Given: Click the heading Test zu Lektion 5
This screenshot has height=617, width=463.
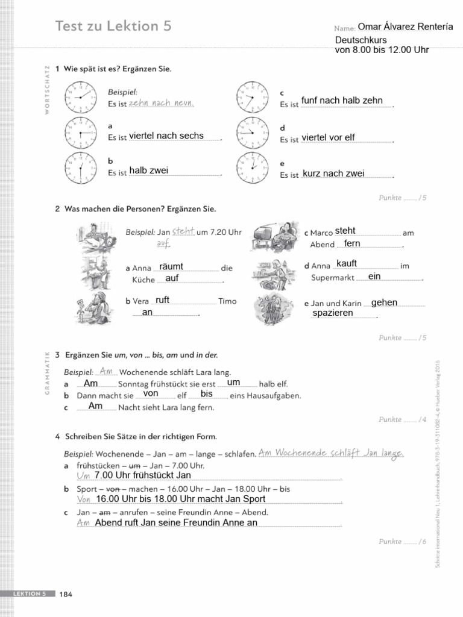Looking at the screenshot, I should tap(113, 26).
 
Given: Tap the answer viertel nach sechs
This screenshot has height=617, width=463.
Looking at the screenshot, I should tap(166, 136).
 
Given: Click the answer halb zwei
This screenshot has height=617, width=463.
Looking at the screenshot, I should tap(148, 171).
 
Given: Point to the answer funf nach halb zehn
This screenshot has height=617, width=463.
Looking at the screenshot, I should tap(342, 100).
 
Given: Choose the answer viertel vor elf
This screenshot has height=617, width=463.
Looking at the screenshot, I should tap(328, 137).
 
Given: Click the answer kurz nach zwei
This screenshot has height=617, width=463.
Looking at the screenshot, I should tap(333, 174).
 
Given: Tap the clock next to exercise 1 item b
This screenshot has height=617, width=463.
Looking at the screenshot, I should tap(80, 168).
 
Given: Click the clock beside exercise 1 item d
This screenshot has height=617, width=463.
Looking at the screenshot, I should tap(251, 132).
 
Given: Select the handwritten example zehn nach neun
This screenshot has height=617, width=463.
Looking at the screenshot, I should tap(161, 104).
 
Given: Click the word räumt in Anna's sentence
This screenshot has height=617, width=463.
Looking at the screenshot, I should tap(171, 266).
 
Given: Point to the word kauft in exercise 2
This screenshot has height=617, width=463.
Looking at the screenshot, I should tap(347, 263).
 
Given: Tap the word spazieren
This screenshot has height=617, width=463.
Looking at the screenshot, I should tap(333, 313).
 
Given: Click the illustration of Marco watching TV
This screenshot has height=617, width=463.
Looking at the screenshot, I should tap(274, 236).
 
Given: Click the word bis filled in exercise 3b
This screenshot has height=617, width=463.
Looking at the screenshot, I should tap(207, 393).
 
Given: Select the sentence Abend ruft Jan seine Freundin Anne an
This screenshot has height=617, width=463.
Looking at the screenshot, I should tap(176, 522).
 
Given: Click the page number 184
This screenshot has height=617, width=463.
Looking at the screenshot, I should tap(66, 595).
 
